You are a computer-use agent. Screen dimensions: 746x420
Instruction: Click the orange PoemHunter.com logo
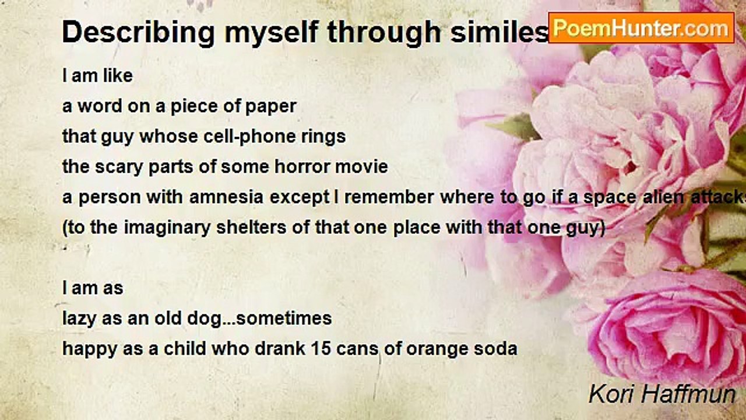(641, 28)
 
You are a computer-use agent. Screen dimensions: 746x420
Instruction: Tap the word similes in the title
(499, 32)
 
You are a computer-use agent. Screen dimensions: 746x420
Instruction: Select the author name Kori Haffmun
(662, 394)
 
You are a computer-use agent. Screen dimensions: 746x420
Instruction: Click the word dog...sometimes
(259, 318)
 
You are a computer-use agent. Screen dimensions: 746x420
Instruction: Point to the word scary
(119, 167)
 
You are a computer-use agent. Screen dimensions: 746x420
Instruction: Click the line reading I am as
(93, 288)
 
